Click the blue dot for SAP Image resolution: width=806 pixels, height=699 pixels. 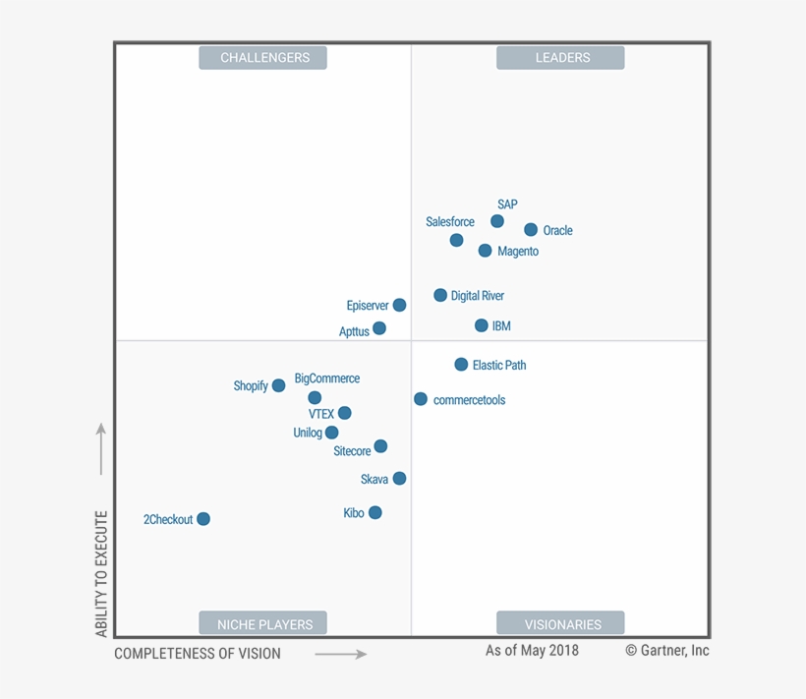(x=497, y=221)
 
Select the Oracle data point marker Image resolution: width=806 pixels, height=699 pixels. (x=531, y=230)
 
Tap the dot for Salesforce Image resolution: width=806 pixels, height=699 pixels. (x=456, y=240)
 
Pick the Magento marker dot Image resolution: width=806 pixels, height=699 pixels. (x=485, y=251)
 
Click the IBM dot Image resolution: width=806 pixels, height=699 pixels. (x=481, y=325)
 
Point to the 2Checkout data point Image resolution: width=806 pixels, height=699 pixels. (x=203, y=519)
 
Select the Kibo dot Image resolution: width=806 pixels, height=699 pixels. (x=374, y=512)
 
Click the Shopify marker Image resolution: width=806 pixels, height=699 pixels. (x=278, y=385)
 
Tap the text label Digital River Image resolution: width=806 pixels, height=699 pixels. (x=478, y=296)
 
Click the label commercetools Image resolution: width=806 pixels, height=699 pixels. (x=469, y=400)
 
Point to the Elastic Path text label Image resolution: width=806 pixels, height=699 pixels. (x=499, y=365)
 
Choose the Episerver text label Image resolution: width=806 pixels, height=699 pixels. (x=368, y=306)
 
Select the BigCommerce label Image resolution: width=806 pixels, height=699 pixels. (x=327, y=379)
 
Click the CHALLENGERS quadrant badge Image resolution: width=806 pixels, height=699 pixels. (x=263, y=58)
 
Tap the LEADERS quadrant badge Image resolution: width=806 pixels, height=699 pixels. (x=560, y=58)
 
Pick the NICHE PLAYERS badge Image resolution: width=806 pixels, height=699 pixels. (x=263, y=623)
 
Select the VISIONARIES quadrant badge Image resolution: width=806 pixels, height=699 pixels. (x=560, y=623)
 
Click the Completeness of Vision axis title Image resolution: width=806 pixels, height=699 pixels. (x=198, y=654)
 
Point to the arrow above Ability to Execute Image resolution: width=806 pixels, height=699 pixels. (x=100, y=449)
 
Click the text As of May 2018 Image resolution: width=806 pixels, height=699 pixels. (x=532, y=651)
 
